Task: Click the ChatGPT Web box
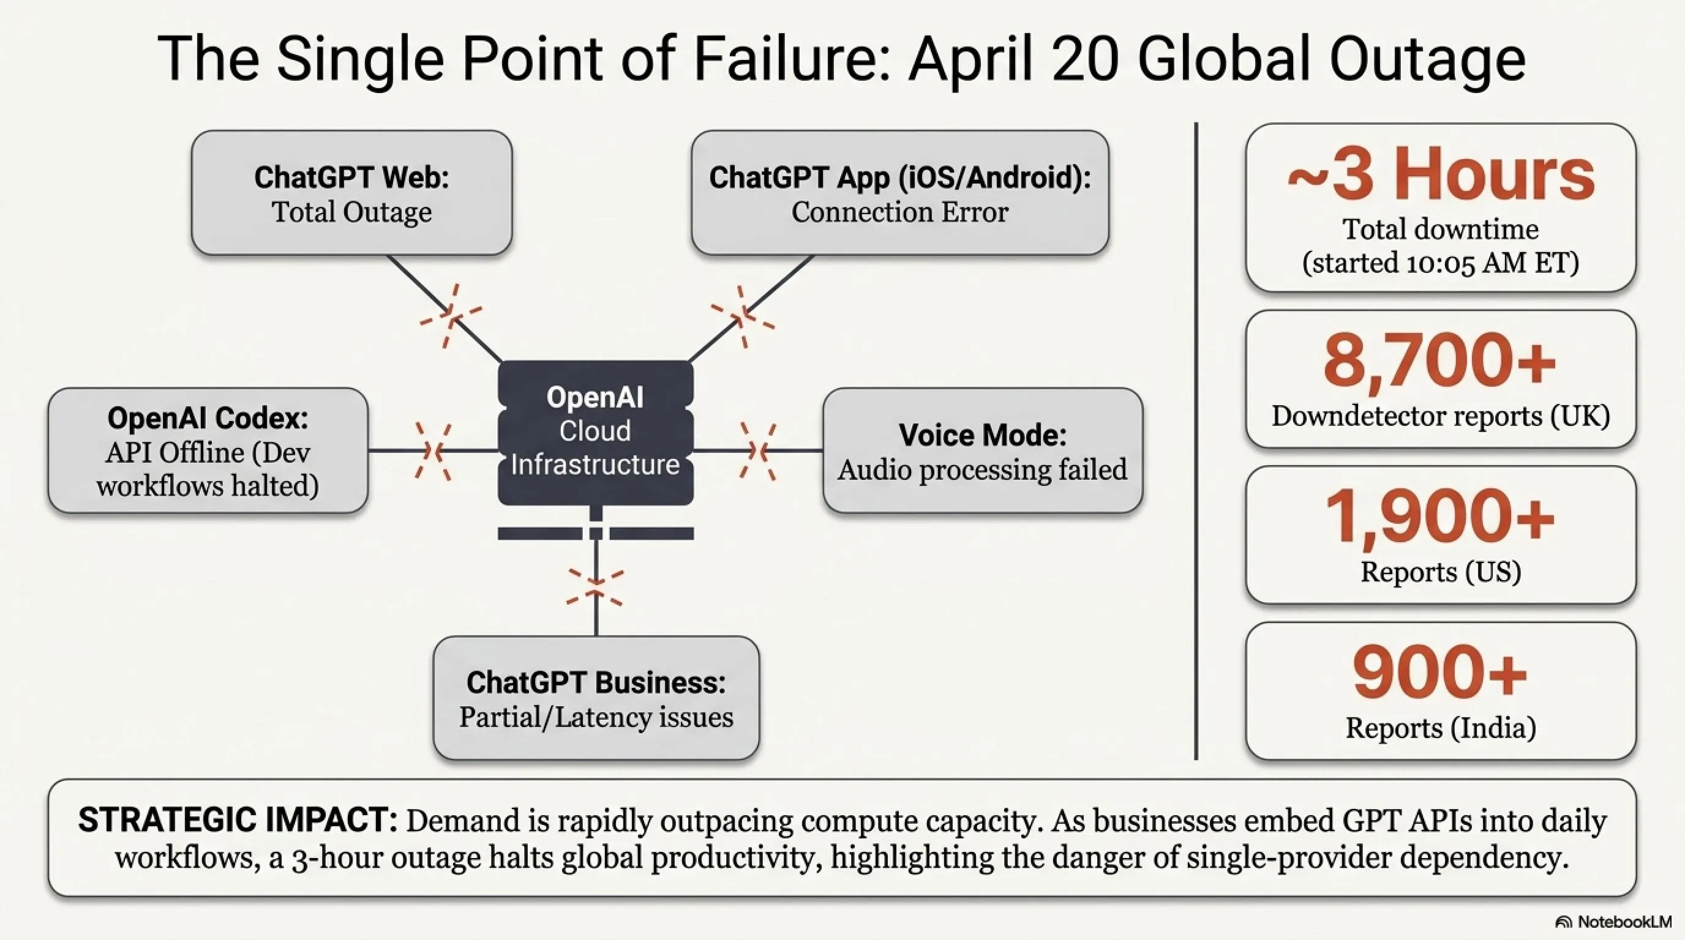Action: (x=351, y=193)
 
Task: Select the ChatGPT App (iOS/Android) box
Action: (x=899, y=193)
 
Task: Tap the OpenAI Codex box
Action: (x=208, y=450)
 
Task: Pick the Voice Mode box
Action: (x=982, y=451)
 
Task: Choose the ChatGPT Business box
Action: (x=596, y=698)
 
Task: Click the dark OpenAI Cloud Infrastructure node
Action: (x=595, y=431)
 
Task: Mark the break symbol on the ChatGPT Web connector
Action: (x=450, y=316)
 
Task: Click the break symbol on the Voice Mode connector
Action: (x=758, y=451)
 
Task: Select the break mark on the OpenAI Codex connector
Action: (x=433, y=451)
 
